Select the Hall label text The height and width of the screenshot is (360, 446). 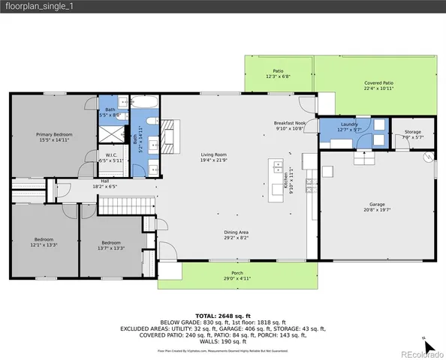pos(105,184)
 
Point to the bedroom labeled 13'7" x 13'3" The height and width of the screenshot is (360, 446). pos(111,244)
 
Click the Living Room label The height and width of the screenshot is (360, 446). pos(213,157)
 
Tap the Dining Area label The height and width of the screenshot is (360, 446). pos(236,235)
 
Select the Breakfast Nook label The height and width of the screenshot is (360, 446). pos(289,125)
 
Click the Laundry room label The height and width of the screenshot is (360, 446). pos(349,126)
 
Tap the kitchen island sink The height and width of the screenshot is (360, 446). pos(278,166)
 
